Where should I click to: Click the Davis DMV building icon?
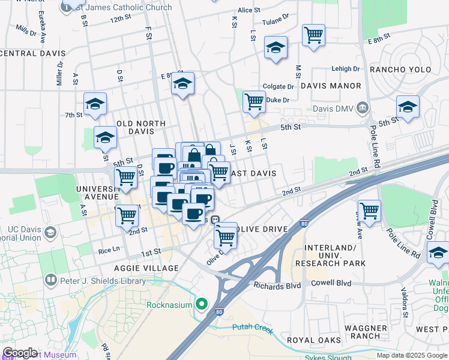(x=362, y=109)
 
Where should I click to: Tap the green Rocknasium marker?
(x=201, y=304)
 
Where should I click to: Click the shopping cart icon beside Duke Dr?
(x=255, y=101)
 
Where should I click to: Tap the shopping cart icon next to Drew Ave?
(x=369, y=211)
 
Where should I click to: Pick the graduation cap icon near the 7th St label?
(x=95, y=104)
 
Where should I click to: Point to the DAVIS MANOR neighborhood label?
(x=331, y=86)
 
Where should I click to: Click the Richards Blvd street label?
(x=277, y=286)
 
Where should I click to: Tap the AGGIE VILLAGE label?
(x=152, y=268)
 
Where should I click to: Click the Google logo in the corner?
(x=20, y=353)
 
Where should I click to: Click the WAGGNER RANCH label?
(x=366, y=332)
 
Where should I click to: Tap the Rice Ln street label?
(x=109, y=249)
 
